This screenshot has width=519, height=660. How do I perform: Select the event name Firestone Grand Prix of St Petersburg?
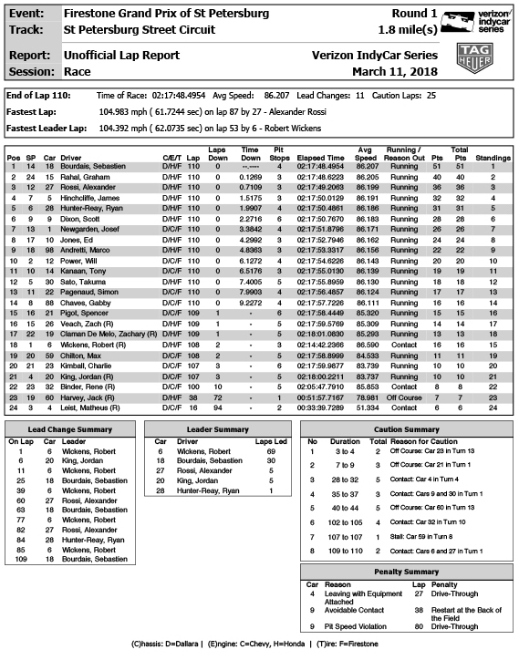coord(167,14)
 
